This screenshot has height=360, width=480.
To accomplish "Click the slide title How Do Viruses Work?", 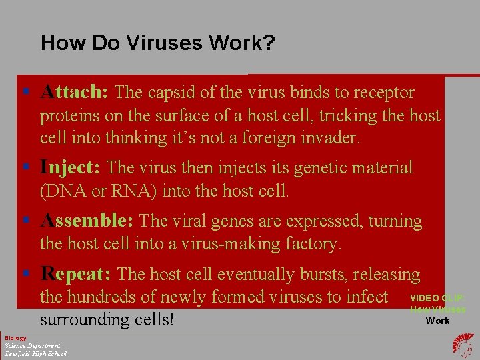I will tap(157, 43).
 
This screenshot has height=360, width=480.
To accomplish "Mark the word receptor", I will tap(384, 93).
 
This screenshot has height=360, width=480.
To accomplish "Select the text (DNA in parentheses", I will tap(61, 191).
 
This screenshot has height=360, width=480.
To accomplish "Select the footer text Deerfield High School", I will tap(35, 353).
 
